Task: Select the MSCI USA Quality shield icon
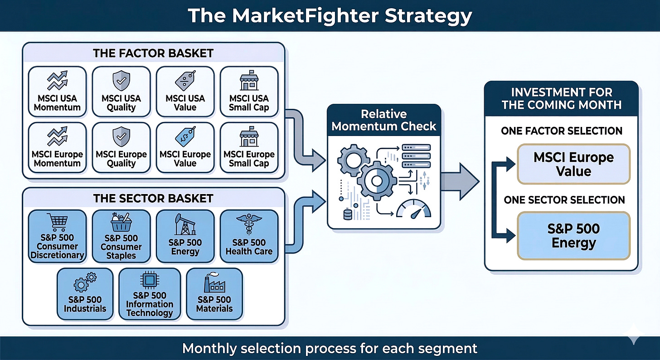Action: [121, 80]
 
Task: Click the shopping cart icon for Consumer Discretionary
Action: [57, 222]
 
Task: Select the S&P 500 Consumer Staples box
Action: [121, 236]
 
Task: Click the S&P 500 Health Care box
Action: [249, 236]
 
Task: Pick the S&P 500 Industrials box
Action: [85, 293]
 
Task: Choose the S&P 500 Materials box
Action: [214, 293]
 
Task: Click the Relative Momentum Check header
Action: [384, 120]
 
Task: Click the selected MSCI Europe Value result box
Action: [573, 164]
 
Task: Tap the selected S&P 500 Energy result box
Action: [573, 236]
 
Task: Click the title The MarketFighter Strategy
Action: [330, 16]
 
